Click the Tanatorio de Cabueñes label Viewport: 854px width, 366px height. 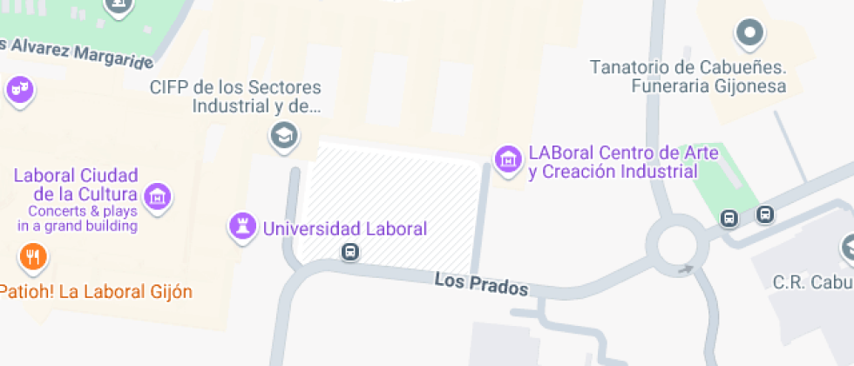point(688,77)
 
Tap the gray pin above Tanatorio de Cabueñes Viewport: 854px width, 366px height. point(749,35)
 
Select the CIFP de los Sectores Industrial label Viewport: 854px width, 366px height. point(235,97)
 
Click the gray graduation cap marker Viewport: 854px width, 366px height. point(282,135)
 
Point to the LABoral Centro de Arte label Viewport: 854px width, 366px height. point(623,162)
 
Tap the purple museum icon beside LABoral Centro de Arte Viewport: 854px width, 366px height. point(507,159)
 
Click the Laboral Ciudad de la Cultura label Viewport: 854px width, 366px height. point(76,184)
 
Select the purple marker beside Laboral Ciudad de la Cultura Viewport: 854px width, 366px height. point(157,196)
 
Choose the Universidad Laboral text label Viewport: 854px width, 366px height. point(345,229)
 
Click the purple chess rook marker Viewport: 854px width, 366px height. point(241,227)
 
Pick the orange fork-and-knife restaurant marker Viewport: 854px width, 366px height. point(33,256)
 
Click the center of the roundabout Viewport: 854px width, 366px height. point(678,244)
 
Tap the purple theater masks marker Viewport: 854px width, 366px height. point(17,89)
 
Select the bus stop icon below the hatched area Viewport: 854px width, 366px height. point(349,253)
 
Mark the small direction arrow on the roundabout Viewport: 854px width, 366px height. point(687,269)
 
